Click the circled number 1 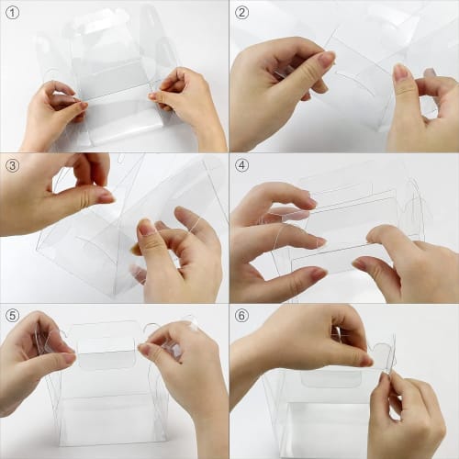click(12, 13)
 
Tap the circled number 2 click(242, 13)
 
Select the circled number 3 click(12, 165)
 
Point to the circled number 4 click(242, 165)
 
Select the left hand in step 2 click(275, 92)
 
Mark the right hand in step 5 click(184, 367)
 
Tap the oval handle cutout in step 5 click(106, 357)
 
